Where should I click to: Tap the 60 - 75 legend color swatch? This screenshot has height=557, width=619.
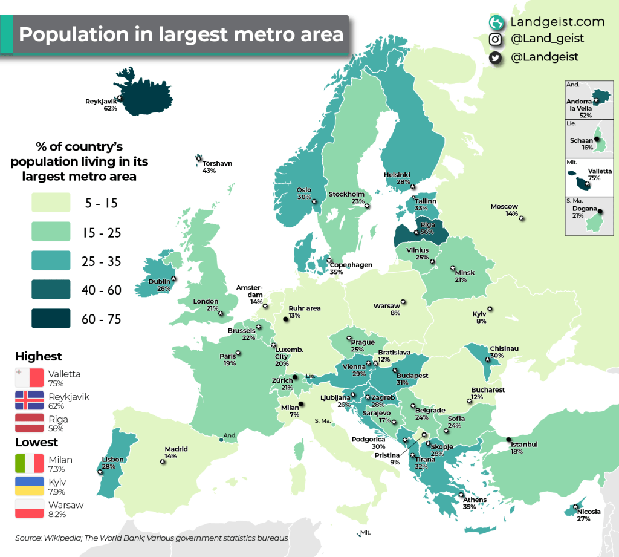[51, 318]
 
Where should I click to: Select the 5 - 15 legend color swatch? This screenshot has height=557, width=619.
[51, 203]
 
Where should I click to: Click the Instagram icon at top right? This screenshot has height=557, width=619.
[496, 39]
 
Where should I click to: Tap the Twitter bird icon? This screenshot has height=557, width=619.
[496, 57]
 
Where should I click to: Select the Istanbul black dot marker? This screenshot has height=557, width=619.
[509, 439]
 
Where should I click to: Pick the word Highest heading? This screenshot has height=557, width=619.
[38, 356]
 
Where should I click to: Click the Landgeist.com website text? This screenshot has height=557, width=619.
[557, 22]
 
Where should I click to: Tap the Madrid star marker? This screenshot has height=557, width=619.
[163, 461]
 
